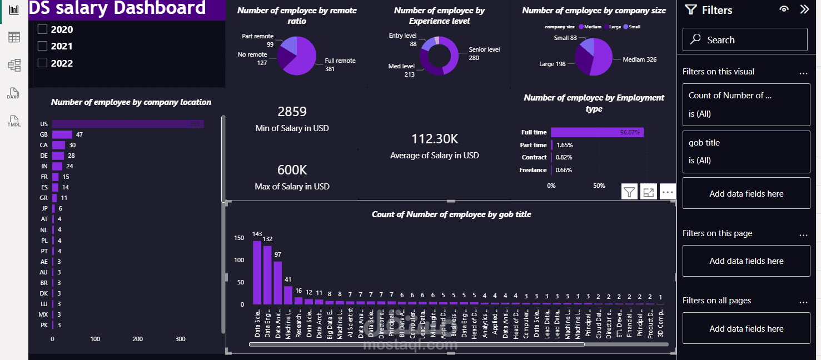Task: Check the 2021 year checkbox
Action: (x=42, y=46)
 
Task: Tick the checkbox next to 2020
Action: (x=42, y=29)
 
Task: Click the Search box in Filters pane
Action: (x=745, y=40)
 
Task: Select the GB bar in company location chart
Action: (x=62, y=134)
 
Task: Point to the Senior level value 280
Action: (x=474, y=58)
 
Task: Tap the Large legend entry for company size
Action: (x=613, y=27)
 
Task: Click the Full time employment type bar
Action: (x=597, y=132)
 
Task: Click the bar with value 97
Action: (x=277, y=282)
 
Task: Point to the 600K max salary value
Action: (x=292, y=170)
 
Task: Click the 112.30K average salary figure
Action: (x=434, y=139)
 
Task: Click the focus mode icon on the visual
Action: (x=648, y=192)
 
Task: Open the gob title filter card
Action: (x=746, y=152)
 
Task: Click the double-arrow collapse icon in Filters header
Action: (x=804, y=9)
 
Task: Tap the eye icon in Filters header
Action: (x=784, y=9)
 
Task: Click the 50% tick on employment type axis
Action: (x=599, y=186)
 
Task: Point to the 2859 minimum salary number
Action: (x=292, y=112)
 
